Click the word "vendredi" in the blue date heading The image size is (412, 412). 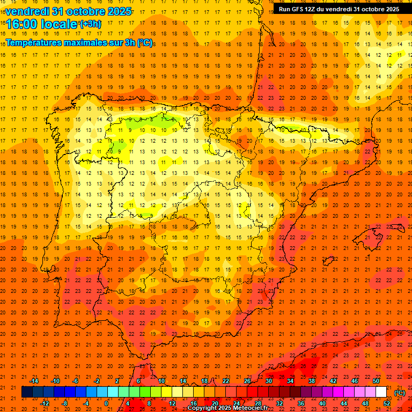click(x=27, y=11)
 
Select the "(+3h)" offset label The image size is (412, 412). click(x=90, y=24)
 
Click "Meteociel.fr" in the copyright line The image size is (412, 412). click(x=251, y=408)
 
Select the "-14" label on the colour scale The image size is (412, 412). click(x=34, y=381)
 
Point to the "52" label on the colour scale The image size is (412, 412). click(x=387, y=403)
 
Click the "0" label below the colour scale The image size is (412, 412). click(x=106, y=403)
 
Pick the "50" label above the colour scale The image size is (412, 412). click(x=376, y=381)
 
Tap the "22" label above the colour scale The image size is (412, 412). click(x=226, y=381)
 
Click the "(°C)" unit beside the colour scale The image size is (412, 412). click(x=400, y=393)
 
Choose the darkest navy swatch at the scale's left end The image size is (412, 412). click(x=27, y=392)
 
